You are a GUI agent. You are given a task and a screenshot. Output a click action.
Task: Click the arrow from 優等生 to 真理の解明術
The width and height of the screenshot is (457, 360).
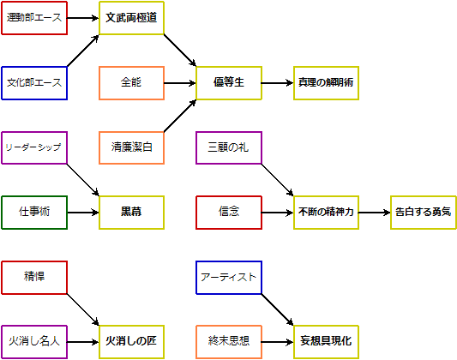point(278,83)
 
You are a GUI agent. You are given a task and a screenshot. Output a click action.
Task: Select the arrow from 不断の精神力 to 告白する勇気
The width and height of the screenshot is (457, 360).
point(375,213)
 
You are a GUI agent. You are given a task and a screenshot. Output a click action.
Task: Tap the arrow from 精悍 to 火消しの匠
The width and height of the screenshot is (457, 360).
point(83,309)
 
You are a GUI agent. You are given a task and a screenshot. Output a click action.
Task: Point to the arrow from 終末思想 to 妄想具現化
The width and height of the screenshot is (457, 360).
point(278,342)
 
